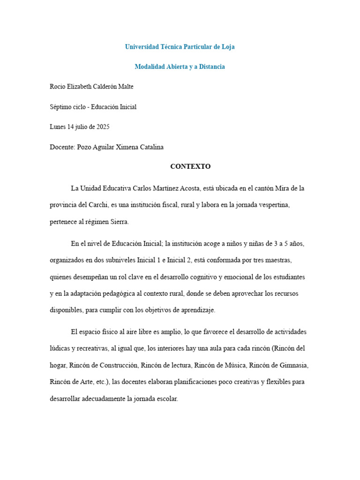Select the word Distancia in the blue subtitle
coord(210,67)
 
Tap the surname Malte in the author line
coord(124,87)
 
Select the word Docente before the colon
coord(62,147)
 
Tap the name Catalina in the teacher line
coord(150,147)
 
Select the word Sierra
coord(118,222)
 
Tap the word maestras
coord(291,260)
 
